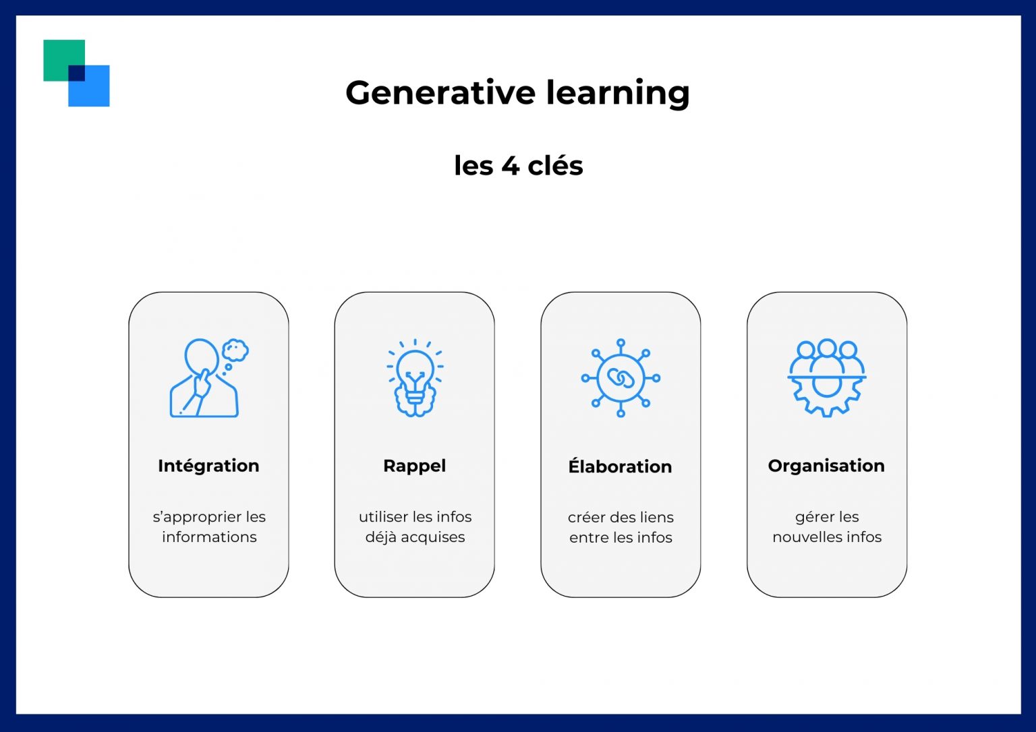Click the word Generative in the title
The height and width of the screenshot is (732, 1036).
[x=440, y=92]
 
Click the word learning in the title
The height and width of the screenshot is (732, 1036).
[x=618, y=94]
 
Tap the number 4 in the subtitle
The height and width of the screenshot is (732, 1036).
[x=510, y=165]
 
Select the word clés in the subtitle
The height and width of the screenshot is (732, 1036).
[x=555, y=164]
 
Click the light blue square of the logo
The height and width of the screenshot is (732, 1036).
[x=95, y=92]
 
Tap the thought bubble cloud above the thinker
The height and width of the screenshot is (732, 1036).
[x=235, y=350]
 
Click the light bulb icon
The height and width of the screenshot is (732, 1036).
[x=415, y=378]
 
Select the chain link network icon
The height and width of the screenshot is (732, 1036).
[x=621, y=378]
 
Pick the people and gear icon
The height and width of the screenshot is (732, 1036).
[x=827, y=378]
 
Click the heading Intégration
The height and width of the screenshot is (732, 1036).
[x=208, y=466]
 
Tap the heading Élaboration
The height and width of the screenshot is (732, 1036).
[x=621, y=465]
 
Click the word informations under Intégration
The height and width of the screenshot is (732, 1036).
[x=209, y=537]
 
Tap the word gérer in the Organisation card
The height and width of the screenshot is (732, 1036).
[x=810, y=518]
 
